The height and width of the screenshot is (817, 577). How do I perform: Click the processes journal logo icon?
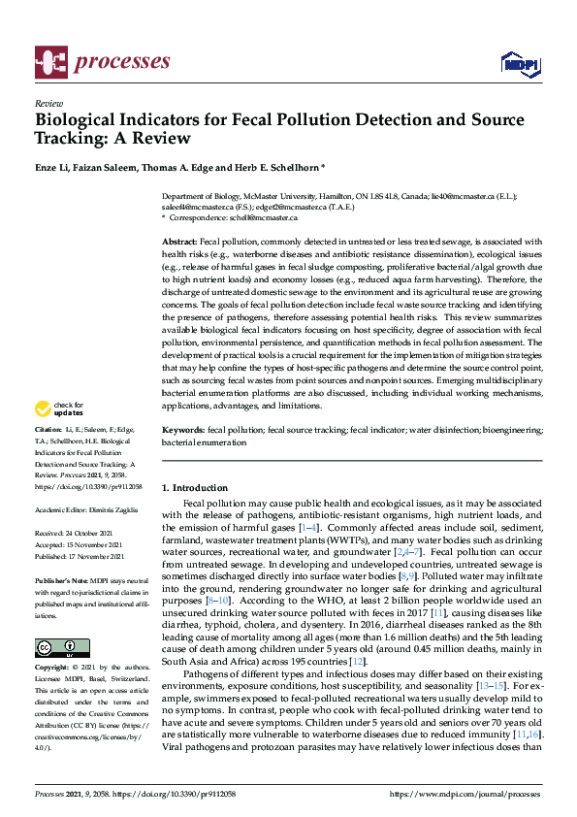click(x=49, y=62)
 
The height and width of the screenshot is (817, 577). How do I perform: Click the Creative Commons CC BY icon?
click(x=55, y=647)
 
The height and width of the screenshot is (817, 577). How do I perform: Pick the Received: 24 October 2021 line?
click(x=80, y=534)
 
